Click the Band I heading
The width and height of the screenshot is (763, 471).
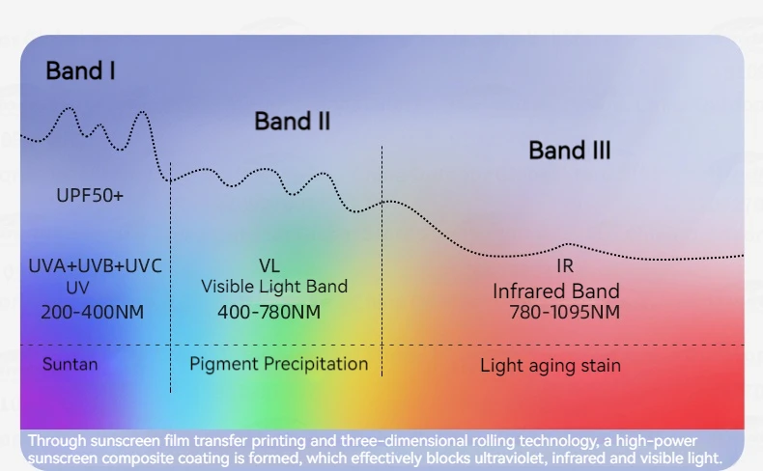coord(80,71)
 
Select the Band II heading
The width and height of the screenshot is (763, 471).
coord(292,121)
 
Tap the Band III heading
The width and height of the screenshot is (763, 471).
coord(569,151)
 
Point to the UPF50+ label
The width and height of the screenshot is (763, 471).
coord(90,195)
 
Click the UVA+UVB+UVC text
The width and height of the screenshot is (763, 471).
coord(96,265)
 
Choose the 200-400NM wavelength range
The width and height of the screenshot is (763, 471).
coord(93,312)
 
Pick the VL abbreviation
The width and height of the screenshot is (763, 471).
coord(269,265)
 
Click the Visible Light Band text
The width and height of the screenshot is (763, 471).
coord(274,287)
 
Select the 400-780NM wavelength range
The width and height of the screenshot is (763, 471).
coord(269,312)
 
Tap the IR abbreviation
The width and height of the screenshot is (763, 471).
coord(565,265)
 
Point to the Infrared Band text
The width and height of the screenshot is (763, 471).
coord(556,291)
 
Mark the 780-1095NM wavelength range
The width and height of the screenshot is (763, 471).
coord(565,312)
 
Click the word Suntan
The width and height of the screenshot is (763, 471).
coord(71,364)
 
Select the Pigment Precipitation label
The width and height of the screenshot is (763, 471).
coord(279,364)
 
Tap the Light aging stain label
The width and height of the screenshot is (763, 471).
coord(551,366)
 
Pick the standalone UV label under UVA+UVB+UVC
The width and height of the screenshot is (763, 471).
coord(78,288)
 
